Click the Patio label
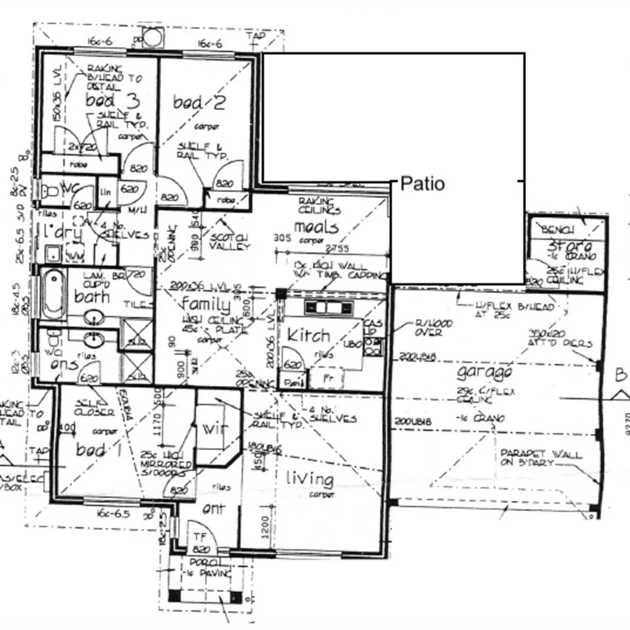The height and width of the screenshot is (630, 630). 423,183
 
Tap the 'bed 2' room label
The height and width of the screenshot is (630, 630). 199,103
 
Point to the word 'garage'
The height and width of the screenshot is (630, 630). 484,372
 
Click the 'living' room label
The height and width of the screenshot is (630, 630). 310,479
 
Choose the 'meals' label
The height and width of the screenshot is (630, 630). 316,226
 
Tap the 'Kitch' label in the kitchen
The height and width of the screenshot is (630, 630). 308,335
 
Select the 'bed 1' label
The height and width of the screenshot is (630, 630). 91,450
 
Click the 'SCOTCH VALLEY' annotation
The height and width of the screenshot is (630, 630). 229,241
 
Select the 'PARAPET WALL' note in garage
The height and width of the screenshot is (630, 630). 540,458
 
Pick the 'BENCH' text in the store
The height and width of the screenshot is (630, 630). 558,231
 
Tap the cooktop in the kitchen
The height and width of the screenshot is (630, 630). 328,308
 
